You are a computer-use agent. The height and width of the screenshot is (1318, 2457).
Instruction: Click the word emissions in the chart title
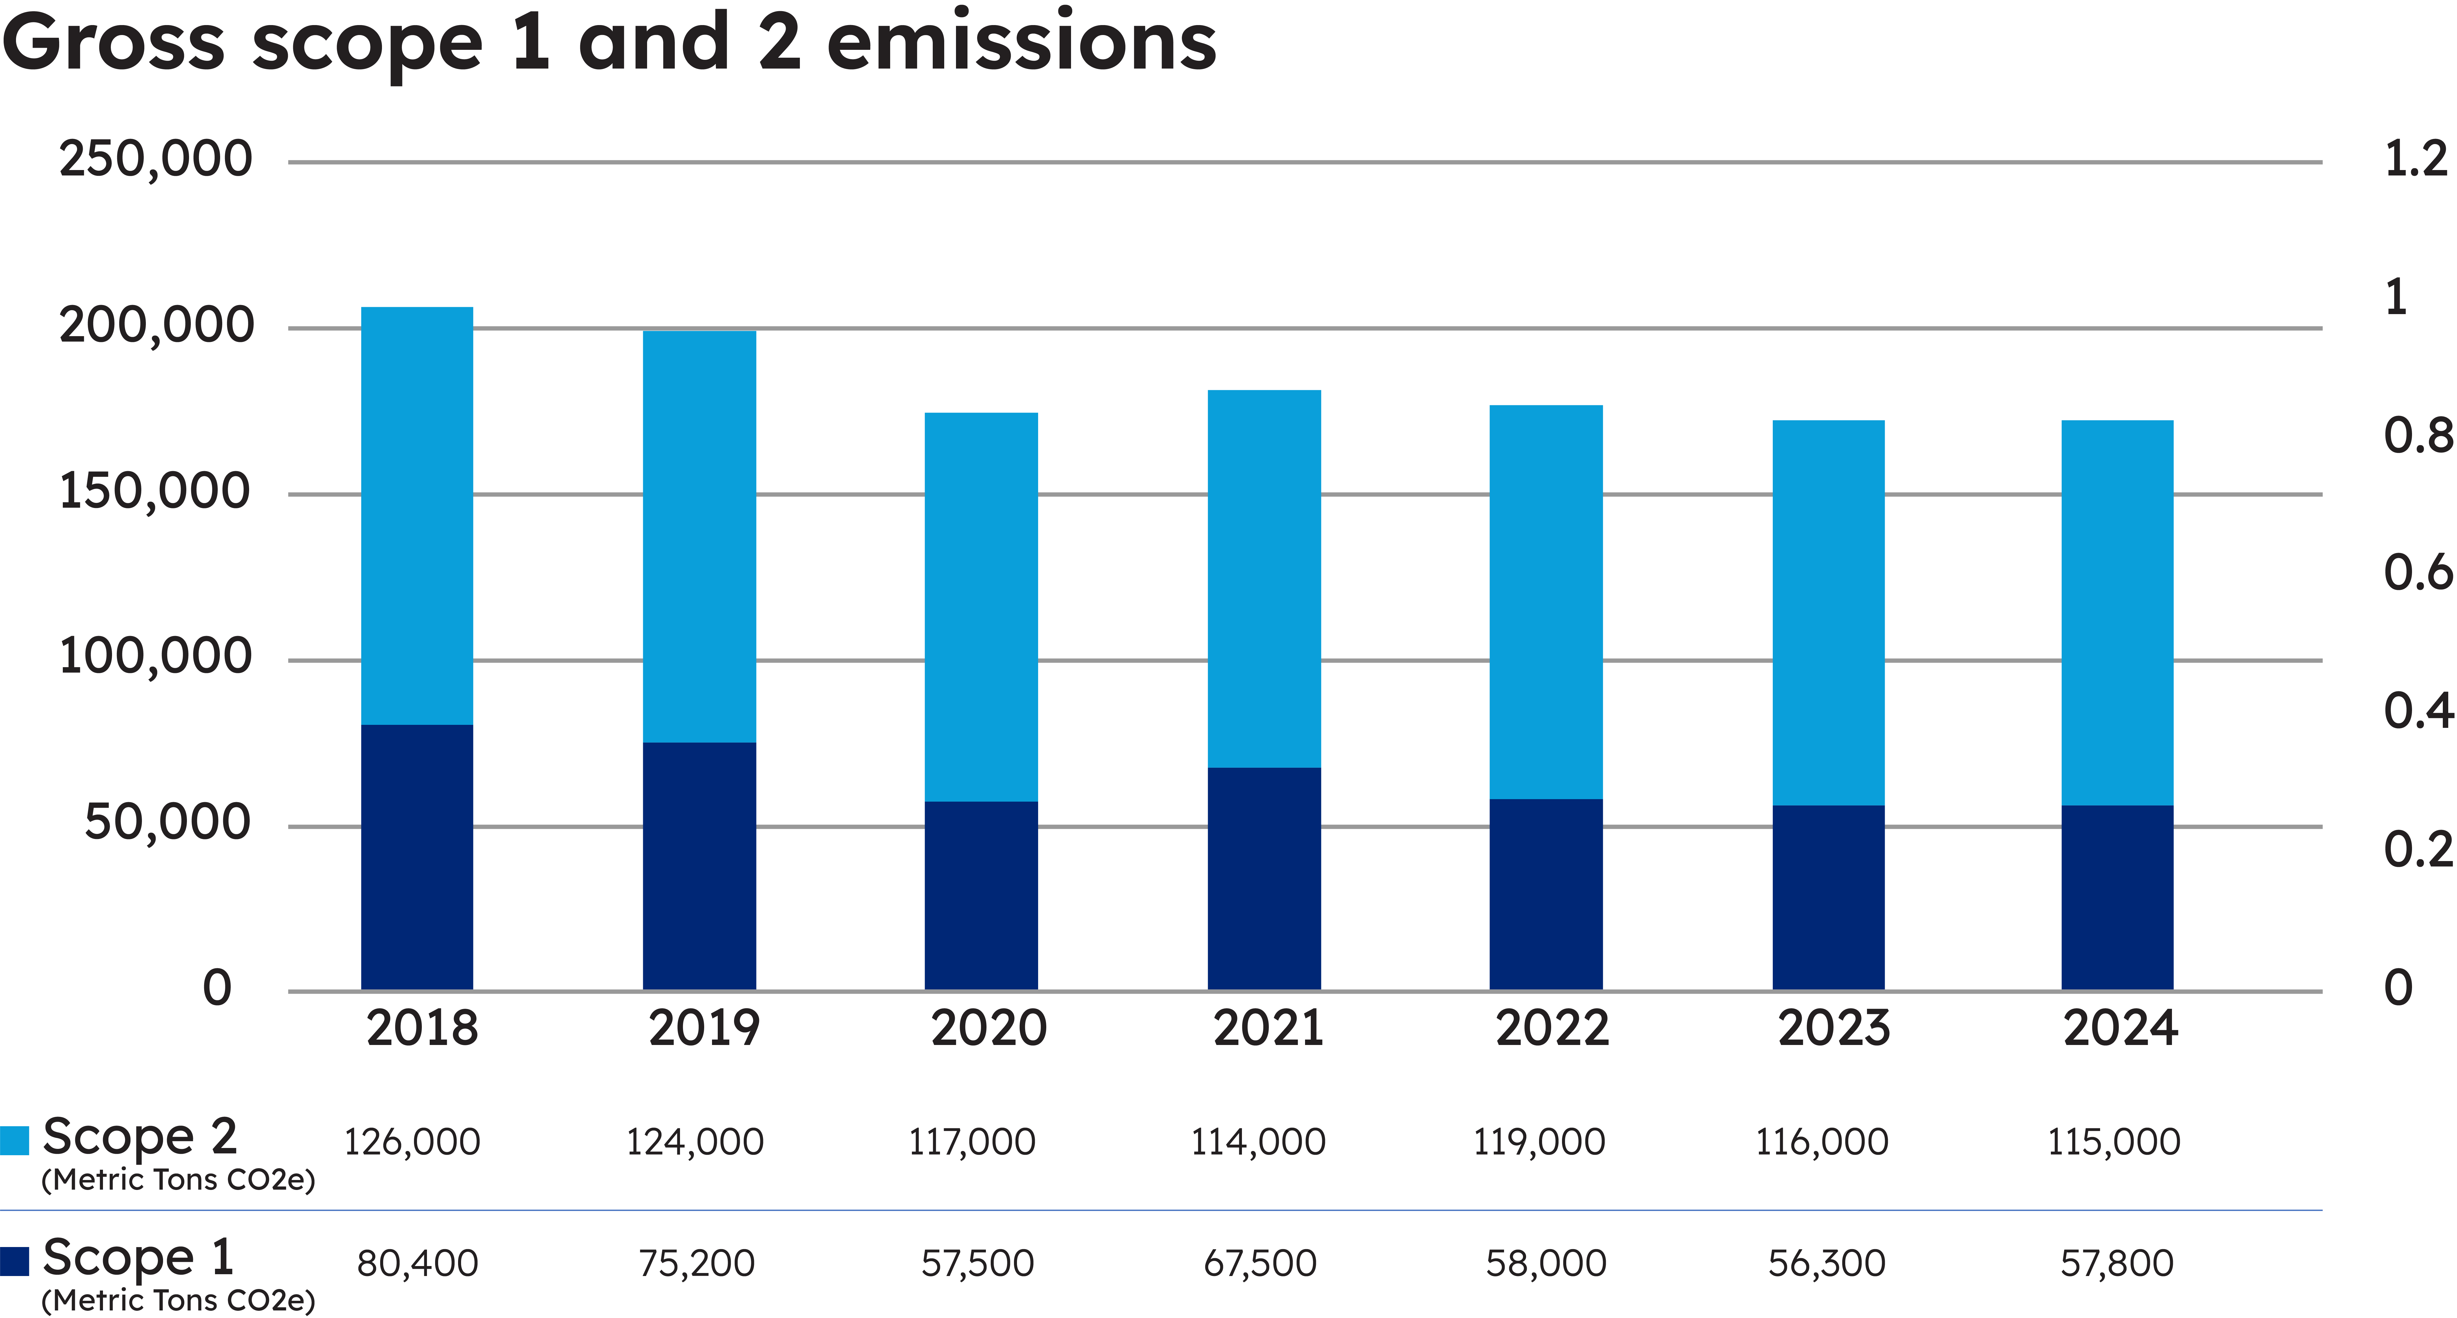[x=1022, y=43]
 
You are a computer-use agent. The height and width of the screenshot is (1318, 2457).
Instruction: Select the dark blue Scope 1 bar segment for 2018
[x=417, y=857]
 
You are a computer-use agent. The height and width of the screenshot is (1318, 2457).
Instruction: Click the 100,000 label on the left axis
[x=156, y=656]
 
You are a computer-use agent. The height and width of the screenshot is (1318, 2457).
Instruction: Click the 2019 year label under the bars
[x=704, y=1028]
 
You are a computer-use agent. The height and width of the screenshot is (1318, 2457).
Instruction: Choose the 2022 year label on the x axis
[x=1552, y=1028]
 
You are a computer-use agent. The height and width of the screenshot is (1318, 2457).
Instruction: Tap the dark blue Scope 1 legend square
[x=14, y=1261]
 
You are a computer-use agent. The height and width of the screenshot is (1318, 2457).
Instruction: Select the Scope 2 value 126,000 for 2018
[x=412, y=1142]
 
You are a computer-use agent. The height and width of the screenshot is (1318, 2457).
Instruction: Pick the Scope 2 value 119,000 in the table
[x=1539, y=1142]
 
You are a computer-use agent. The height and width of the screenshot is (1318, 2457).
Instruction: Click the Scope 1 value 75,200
[x=696, y=1264]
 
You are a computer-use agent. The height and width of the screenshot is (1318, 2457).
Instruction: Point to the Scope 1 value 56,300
[x=1827, y=1264]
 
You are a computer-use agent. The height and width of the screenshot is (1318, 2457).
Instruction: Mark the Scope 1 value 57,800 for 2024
[x=2116, y=1264]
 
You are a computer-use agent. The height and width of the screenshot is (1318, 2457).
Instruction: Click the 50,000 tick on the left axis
[x=168, y=822]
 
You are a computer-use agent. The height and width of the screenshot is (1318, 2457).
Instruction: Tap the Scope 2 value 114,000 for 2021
[x=1258, y=1142]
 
